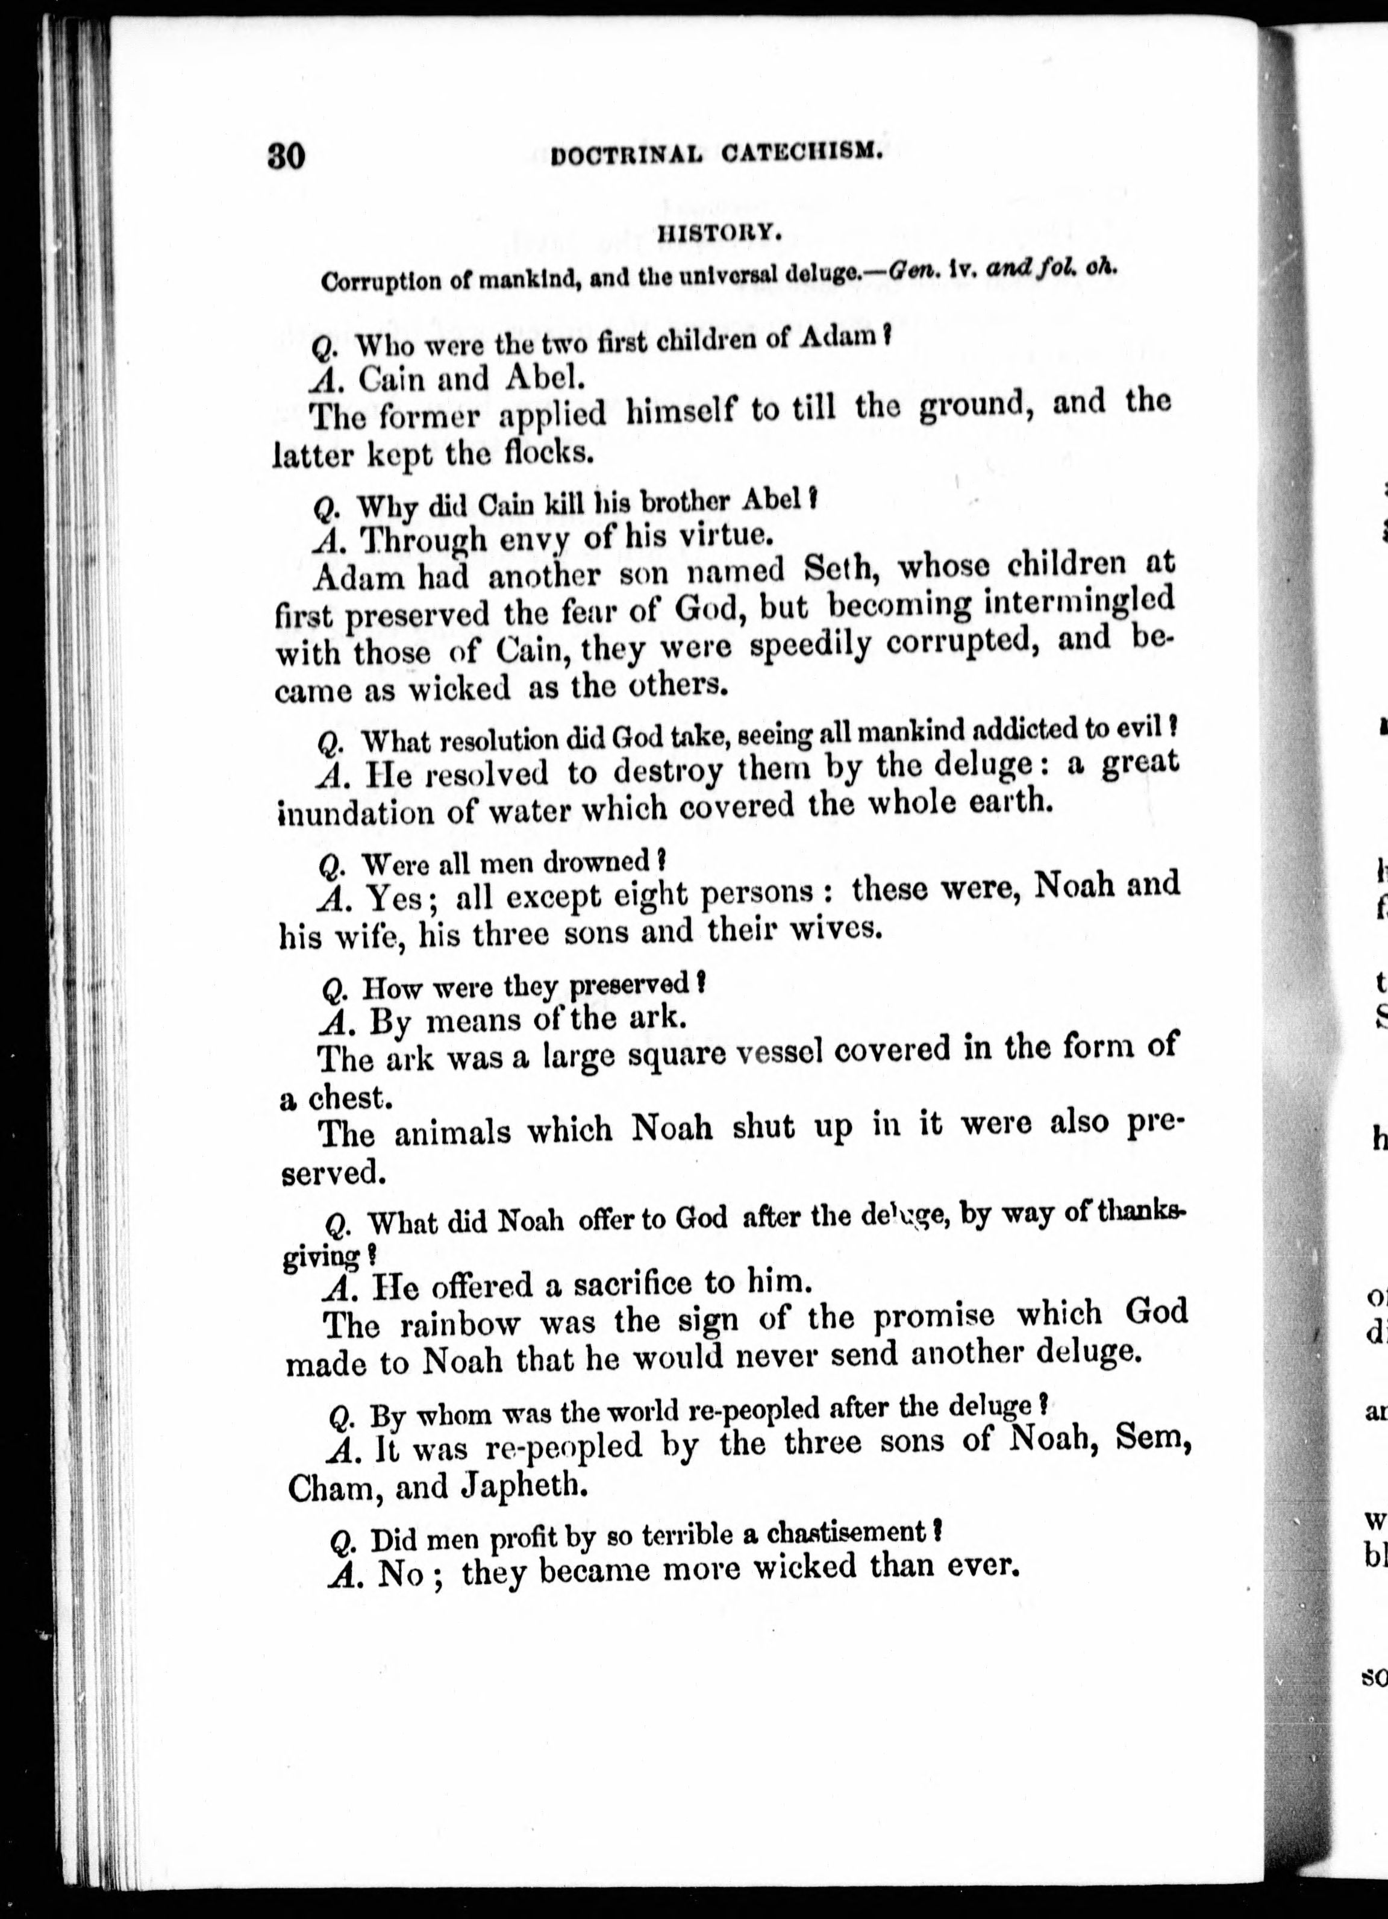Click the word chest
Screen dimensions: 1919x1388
[x=347, y=1098]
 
